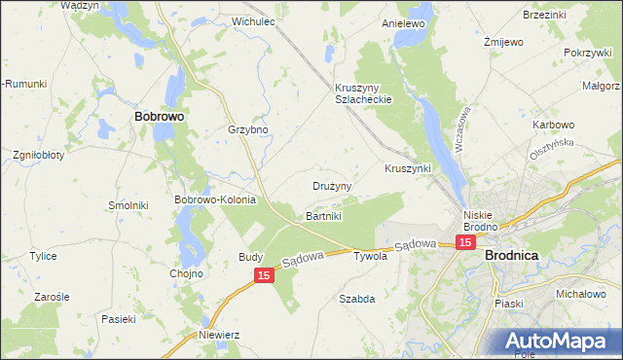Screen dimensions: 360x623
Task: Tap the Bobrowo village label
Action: (x=159, y=115)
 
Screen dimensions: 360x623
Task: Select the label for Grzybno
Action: (x=247, y=129)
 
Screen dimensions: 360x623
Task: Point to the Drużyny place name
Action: (x=332, y=185)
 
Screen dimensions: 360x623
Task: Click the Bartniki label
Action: (x=324, y=215)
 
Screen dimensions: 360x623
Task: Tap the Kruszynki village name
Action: (x=407, y=168)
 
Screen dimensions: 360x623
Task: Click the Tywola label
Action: (x=370, y=257)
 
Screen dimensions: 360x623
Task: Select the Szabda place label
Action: (x=356, y=299)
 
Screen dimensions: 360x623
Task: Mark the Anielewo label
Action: (x=404, y=22)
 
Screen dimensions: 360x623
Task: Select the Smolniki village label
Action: (x=128, y=206)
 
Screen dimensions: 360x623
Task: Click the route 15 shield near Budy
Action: (x=264, y=277)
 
